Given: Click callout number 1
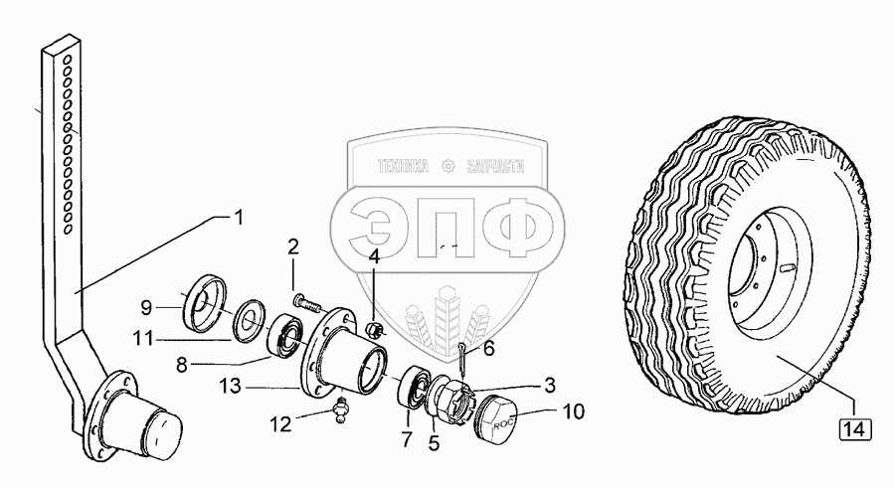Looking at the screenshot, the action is pyautogui.click(x=237, y=216).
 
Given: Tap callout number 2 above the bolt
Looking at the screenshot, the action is pyautogui.click(x=294, y=247).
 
